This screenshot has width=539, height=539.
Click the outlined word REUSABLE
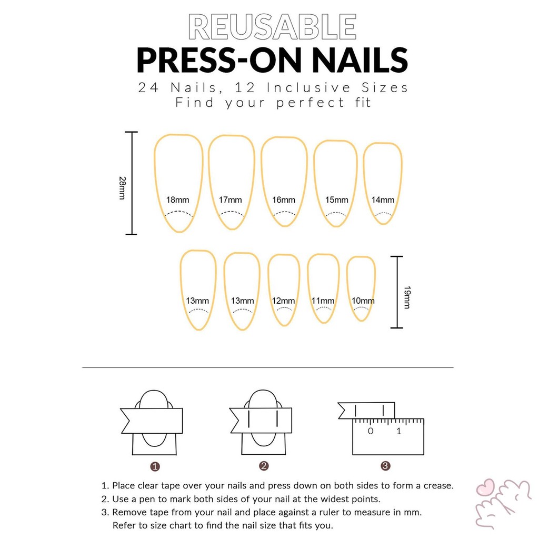pyautogui.click(x=272, y=27)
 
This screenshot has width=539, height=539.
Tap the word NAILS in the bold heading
pyautogui.click(x=360, y=60)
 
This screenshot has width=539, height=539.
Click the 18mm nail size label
pyautogui.click(x=178, y=199)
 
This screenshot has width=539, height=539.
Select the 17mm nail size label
pyautogui.click(x=231, y=199)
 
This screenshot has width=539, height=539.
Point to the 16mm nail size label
pyautogui.click(x=284, y=199)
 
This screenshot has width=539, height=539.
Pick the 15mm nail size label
pyautogui.click(x=337, y=199)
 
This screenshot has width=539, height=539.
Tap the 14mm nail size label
pyautogui.click(x=383, y=199)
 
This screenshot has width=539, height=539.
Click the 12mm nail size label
pyautogui.click(x=283, y=301)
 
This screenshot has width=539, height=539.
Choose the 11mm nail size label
pyautogui.click(x=323, y=301)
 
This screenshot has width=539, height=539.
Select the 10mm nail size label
pyautogui.click(x=363, y=301)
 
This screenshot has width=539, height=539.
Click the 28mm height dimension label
pyautogui.click(x=122, y=188)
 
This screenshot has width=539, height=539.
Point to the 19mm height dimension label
pyautogui.click(x=407, y=297)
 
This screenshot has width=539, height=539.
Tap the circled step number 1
pyautogui.click(x=155, y=466)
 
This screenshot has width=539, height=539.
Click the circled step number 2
pyautogui.click(x=264, y=466)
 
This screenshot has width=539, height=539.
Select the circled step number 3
pyautogui.click(x=385, y=466)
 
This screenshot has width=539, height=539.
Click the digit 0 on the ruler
pyautogui.click(x=371, y=431)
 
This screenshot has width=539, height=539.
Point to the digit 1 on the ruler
pyautogui.click(x=399, y=431)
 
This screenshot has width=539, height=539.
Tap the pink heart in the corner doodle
pyautogui.click(x=485, y=487)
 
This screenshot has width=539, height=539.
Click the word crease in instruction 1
pyautogui.click(x=438, y=486)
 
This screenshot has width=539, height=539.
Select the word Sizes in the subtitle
pyautogui.click(x=384, y=88)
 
